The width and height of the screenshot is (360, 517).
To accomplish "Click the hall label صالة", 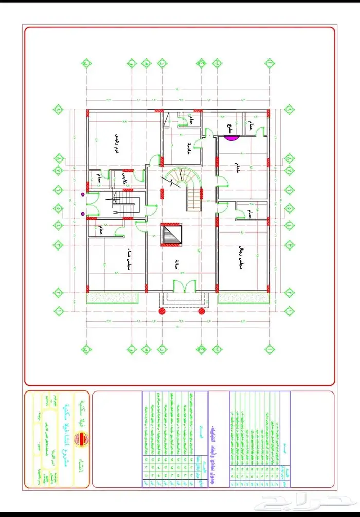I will (177, 265).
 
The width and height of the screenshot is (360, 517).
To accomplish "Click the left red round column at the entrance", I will (161, 311).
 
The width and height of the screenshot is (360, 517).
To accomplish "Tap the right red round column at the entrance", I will (202, 311).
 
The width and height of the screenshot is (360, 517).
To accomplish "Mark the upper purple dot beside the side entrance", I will (82, 194).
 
